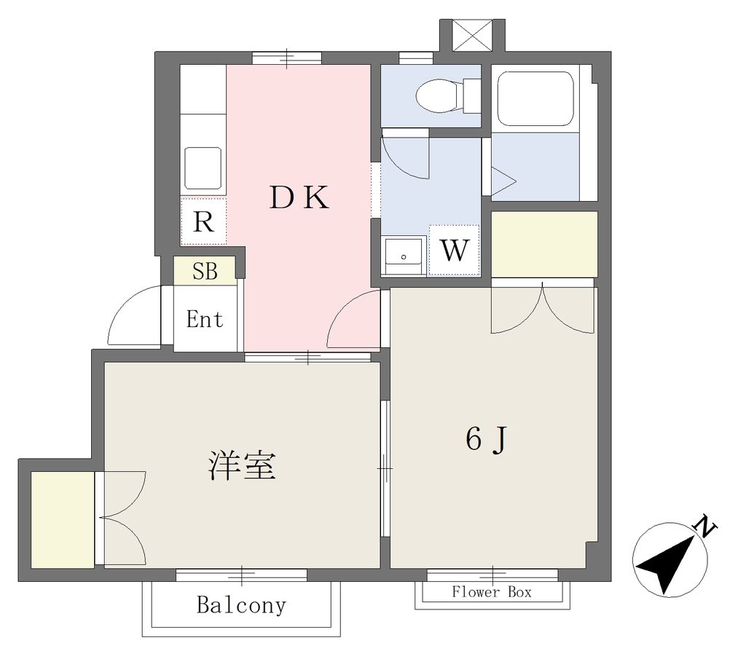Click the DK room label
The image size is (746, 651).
(x=299, y=197)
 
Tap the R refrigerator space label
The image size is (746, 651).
(x=204, y=221)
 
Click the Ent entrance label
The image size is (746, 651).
(x=205, y=319)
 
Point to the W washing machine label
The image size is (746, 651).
(x=455, y=250)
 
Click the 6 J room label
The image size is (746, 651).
(x=486, y=439)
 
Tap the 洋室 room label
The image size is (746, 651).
(x=242, y=466)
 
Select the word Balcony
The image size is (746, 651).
(x=242, y=605)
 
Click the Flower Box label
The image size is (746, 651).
(x=492, y=592)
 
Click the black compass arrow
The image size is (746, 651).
(x=664, y=564)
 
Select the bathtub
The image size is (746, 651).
(x=535, y=99)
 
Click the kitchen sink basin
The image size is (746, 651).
(x=203, y=168)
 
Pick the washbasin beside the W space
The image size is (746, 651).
(x=404, y=256)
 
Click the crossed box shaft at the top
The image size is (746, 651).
(x=472, y=35)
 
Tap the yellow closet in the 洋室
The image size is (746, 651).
(x=63, y=519)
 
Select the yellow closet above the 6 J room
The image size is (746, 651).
(x=544, y=245)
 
